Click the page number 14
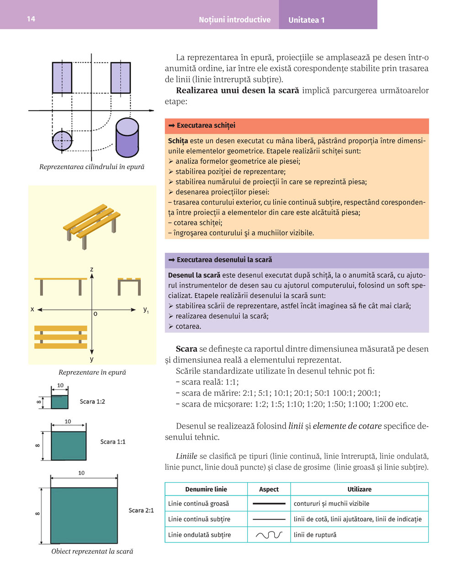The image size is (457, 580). (31, 19)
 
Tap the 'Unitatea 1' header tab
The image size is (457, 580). (306, 20)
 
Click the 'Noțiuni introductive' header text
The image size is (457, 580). (234, 20)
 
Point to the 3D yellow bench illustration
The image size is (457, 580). (91, 224)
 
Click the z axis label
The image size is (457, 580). (92, 269)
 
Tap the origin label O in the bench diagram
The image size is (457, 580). (95, 314)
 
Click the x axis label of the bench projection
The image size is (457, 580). (32, 309)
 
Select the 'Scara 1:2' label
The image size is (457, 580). (92, 402)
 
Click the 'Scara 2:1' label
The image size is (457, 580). (141, 510)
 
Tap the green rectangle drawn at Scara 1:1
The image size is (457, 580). (69, 446)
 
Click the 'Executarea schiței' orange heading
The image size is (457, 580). (206, 125)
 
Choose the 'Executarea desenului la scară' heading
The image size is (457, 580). (224, 260)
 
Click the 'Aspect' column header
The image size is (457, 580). (269, 489)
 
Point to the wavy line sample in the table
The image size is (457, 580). (269, 535)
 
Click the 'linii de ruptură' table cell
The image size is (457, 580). (315, 535)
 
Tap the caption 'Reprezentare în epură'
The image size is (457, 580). (92, 372)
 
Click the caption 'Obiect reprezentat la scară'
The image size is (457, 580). (92, 551)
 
